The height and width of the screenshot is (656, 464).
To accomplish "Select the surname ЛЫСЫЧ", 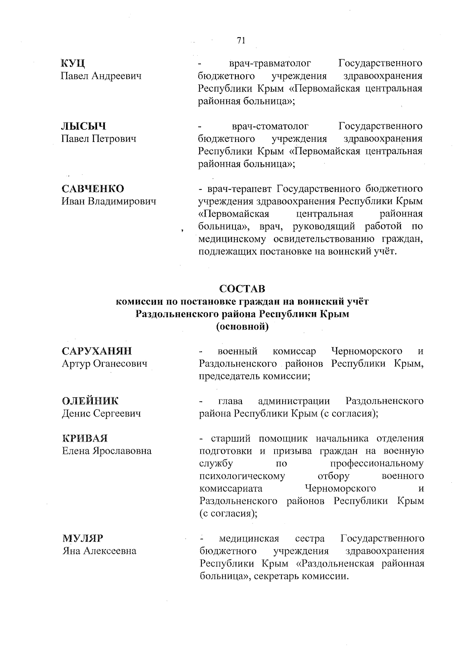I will (84, 126).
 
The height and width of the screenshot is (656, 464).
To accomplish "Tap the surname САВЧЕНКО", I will (93, 189).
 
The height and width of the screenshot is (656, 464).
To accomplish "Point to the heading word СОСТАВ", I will (242, 289).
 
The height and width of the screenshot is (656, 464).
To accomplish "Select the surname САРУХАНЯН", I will (97, 351).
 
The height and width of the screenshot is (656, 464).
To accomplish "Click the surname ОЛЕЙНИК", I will (90, 401).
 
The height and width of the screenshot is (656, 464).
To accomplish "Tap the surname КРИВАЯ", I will (85, 438).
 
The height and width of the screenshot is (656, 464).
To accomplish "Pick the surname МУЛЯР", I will (83, 538).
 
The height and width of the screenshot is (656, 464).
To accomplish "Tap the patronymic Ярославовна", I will (122, 451).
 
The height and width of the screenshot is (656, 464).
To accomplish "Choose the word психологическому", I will (242, 476).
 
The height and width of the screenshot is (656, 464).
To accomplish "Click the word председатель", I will (229, 376).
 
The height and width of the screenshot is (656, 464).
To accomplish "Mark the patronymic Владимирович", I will (123, 201).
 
